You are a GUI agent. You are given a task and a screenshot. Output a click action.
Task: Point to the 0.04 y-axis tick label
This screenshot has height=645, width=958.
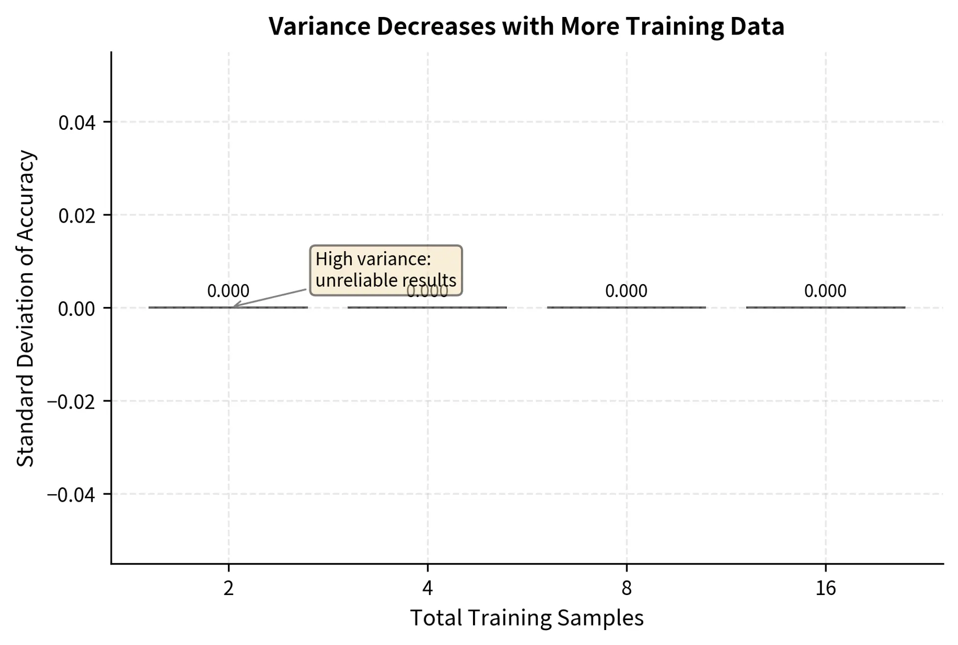77,123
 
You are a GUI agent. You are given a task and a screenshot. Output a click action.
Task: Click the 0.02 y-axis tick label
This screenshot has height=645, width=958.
77,216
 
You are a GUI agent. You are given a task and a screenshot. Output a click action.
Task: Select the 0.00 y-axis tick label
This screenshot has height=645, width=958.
77,309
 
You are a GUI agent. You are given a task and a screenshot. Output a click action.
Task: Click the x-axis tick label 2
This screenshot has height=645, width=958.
229,589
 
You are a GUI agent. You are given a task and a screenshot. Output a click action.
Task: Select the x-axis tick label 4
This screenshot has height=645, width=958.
428,589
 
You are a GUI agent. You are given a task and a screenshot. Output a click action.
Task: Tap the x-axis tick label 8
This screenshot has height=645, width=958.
626,589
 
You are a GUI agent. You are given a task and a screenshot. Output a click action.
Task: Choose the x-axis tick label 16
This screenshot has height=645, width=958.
825,589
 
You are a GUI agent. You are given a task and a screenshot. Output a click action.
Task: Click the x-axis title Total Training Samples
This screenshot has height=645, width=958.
527,618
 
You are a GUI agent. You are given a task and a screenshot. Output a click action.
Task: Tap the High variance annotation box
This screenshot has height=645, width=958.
386,270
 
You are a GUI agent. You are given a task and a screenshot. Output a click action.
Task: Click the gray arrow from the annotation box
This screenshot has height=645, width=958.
269,298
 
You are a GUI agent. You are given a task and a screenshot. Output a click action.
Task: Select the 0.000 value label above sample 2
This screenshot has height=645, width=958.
228,291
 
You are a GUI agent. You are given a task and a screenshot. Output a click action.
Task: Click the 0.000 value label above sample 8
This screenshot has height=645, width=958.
626,291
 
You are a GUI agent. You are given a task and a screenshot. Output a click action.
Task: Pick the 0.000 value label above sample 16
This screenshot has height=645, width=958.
825,291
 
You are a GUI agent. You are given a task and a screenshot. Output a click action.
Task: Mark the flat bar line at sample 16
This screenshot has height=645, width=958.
825,308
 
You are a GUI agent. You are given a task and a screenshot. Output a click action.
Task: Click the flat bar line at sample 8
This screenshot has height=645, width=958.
626,308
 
